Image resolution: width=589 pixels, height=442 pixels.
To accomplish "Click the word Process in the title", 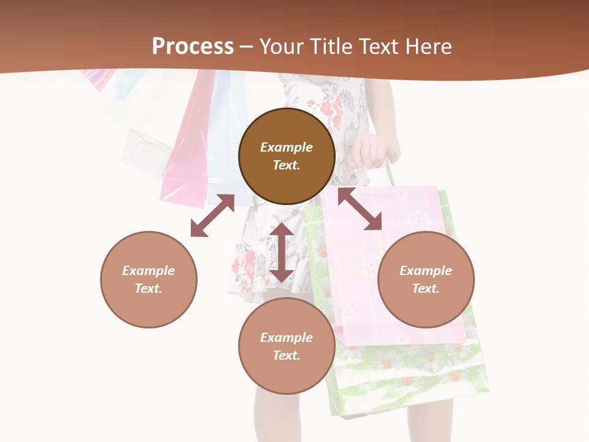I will point(193,47).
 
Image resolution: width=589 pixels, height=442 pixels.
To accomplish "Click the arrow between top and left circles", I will point(212,215).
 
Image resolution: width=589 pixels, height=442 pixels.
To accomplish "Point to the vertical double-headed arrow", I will point(282,252).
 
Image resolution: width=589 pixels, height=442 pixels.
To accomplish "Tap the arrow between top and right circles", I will point(360,209).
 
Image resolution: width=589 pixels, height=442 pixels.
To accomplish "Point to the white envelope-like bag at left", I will point(147,150).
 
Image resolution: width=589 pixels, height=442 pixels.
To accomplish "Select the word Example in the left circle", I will point(148,271).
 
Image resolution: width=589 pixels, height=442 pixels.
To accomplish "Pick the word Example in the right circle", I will point(426,271).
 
